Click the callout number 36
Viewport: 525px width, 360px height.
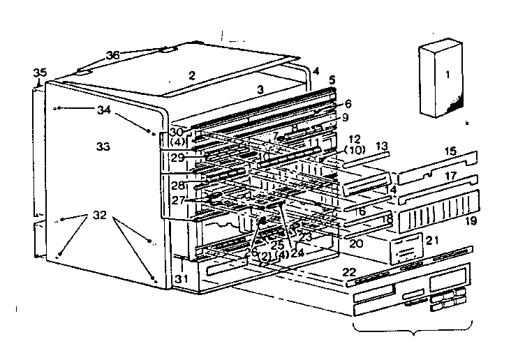point(113,55)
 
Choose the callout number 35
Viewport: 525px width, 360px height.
point(40,73)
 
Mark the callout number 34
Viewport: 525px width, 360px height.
point(104,110)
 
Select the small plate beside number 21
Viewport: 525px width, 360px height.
point(405,246)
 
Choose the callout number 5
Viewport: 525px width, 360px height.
point(333,80)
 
